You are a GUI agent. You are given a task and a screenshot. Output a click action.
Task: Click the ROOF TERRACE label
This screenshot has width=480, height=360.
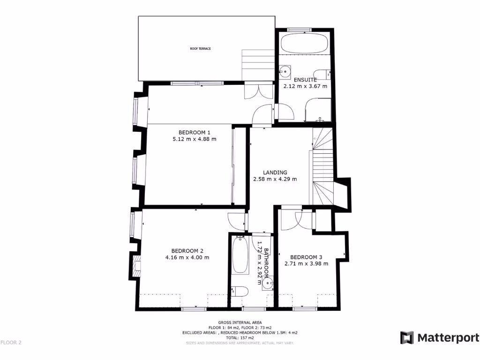point(200,49)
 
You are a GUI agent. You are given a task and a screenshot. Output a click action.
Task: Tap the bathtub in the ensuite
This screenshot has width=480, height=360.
point(304,45)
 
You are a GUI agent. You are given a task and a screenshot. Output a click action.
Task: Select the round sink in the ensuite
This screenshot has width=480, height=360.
point(284,71)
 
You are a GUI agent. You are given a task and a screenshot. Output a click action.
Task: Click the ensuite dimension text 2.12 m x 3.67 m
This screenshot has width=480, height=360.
point(305,86)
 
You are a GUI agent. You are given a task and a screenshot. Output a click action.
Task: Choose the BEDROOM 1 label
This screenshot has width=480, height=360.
point(195,132)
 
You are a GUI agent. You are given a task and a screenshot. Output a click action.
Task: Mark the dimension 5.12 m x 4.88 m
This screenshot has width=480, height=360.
point(195,139)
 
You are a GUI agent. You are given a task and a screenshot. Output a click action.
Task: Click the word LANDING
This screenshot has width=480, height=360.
point(275,172)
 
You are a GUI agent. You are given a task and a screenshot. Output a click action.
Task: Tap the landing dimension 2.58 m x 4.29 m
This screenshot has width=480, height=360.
point(275,179)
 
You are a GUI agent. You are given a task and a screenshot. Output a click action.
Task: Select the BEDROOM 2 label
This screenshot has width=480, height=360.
point(187,250)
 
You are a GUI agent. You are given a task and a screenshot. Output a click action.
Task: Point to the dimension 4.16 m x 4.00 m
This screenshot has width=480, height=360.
point(187,257)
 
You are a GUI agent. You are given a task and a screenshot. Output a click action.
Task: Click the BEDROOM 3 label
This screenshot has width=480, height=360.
point(306,257)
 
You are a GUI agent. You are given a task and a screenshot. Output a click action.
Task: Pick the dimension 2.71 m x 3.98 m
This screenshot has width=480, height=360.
point(306,263)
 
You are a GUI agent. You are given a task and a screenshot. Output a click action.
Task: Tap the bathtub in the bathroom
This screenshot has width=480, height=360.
point(240,255)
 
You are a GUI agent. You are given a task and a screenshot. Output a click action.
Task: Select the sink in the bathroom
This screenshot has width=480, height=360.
point(268,283)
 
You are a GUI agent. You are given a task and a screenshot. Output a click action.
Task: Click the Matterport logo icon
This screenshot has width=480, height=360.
point(406,337)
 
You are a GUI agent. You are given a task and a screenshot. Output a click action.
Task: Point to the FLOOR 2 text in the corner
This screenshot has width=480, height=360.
point(11,343)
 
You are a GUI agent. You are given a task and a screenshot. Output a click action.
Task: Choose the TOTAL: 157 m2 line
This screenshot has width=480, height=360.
point(240,337)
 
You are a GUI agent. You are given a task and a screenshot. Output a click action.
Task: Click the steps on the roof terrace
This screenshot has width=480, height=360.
point(257,64)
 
